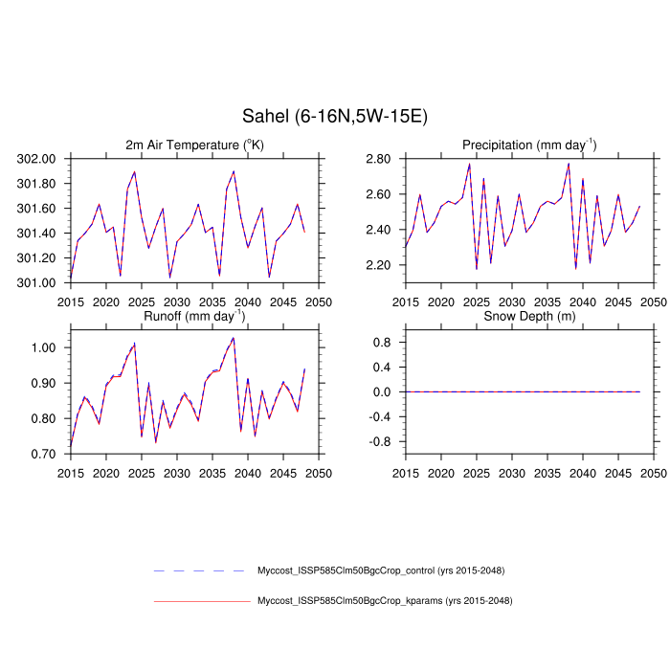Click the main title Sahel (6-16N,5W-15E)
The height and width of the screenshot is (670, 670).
(334, 116)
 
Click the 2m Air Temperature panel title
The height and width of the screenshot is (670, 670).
(194, 145)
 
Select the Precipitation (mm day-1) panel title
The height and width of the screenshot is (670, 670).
(529, 145)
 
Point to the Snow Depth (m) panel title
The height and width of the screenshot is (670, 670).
(529, 316)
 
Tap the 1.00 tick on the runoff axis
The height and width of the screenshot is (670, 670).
(47, 347)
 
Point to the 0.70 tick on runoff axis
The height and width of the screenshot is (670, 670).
(47, 454)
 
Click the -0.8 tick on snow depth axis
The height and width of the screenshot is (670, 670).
(381, 442)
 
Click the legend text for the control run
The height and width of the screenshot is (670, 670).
(381, 570)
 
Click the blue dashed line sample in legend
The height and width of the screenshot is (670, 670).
(201, 570)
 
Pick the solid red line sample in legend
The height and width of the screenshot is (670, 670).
(201, 601)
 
